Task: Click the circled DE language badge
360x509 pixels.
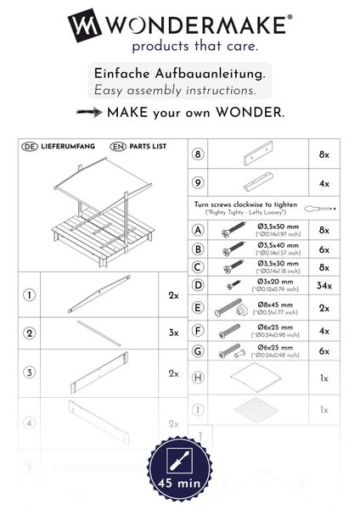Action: [x=26, y=147]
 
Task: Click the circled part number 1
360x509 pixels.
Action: [x=29, y=295]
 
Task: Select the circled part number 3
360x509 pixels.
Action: [x=29, y=372]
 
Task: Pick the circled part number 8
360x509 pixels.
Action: [x=199, y=155]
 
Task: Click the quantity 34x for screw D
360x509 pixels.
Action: [x=323, y=286]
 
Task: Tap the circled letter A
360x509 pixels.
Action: [x=199, y=230]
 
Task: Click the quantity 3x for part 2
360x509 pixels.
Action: [x=173, y=333]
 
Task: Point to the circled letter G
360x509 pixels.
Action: [x=199, y=350]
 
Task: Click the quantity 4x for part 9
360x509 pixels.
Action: [x=323, y=182]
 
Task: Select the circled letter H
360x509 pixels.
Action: [x=199, y=378]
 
